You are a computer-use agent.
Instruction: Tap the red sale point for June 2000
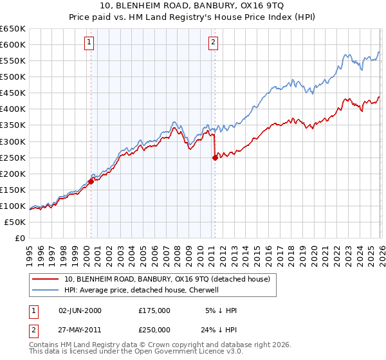point(91,181)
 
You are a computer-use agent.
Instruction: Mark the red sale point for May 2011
point(215,157)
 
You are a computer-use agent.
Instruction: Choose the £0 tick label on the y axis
point(19,238)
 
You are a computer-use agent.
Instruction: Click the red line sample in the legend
point(46,279)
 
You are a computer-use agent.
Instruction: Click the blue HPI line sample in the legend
point(46,290)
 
